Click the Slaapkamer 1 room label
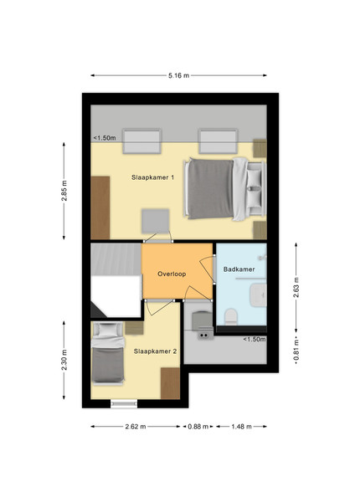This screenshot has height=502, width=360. click(152, 177)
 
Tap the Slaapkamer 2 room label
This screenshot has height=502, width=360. click(155, 351)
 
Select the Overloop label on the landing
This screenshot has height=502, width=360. click(172, 274)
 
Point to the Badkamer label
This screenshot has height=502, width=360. click(239, 269)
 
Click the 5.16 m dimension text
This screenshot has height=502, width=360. click(178, 75)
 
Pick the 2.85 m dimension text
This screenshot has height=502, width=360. click(64, 191)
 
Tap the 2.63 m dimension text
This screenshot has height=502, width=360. click(296, 287)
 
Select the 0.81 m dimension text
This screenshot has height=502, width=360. click(296, 350)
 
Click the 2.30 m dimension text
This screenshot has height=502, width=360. click(64, 360)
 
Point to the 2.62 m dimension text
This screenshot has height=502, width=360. click(136, 427)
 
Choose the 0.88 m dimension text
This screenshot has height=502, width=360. click(198, 427)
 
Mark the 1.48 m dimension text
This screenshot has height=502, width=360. click(241, 427)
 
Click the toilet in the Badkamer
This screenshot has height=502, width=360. click(230, 316)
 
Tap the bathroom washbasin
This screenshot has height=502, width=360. click(258, 295)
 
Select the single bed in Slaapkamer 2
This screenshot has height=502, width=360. click(108, 352)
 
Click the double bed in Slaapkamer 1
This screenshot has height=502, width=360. click(225, 189)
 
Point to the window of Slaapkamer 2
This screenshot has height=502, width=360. click(124, 404)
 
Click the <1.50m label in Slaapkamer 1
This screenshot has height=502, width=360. click(105, 138)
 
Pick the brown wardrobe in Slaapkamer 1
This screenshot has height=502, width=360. click(100, 207)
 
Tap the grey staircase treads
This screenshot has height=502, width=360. click(116, 259)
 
